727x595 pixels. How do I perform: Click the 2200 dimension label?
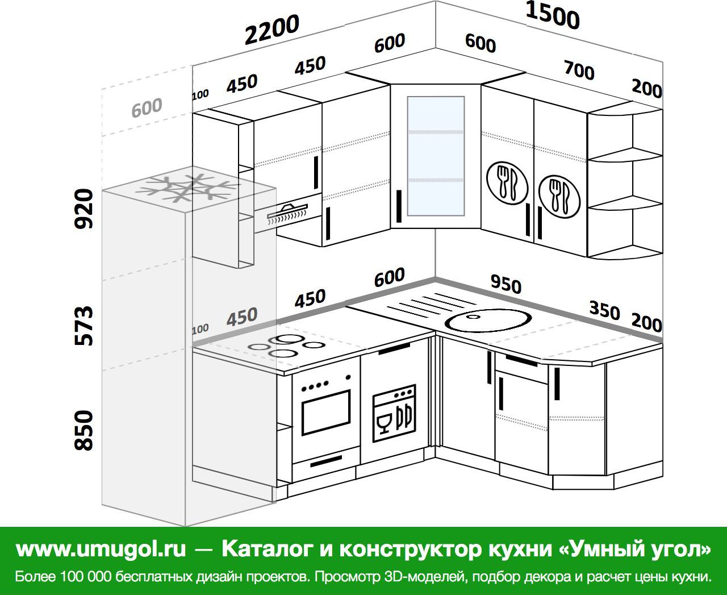point(272,30)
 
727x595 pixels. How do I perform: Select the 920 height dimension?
point(83,209)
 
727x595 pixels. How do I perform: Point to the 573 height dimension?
point(83,326)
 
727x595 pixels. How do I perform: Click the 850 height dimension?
point(83,430)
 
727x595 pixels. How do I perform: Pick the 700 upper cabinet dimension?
point(579,70)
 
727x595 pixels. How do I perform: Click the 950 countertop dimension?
point(505,284)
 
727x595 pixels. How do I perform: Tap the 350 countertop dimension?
point(605,310)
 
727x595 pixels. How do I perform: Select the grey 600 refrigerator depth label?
point(147,107)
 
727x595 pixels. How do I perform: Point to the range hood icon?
point(287,213)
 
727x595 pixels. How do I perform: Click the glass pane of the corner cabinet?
point(436,156)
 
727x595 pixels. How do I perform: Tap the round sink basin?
point(488,321)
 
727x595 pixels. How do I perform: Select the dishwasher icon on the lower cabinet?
point(394,413)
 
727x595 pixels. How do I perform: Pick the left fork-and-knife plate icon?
point(507,183)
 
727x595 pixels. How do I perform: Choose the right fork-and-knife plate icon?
point(559,197)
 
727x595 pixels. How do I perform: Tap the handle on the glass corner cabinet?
point(399,206)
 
